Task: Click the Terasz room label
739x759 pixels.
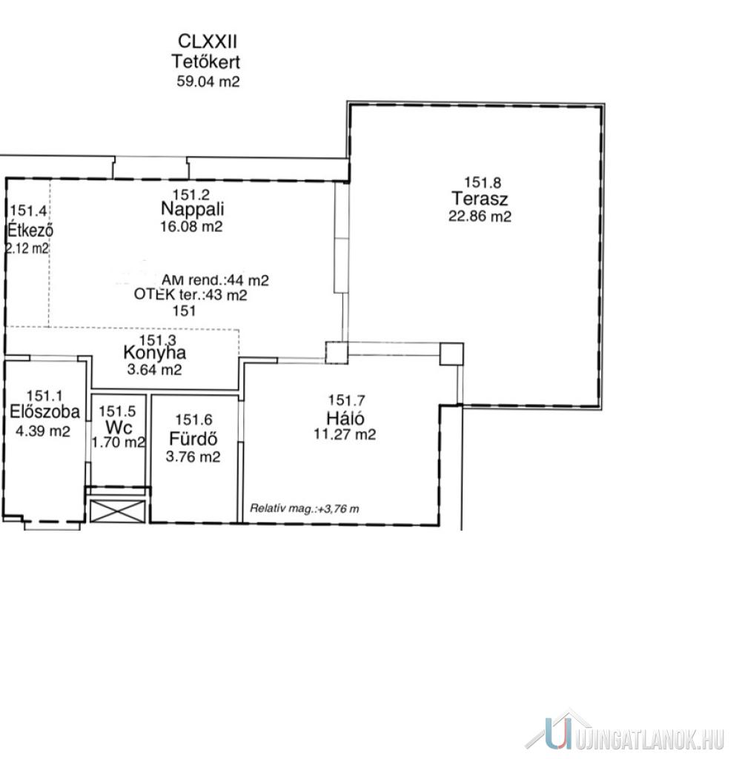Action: coord(480,199)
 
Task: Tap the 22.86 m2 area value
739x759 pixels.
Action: coord(480,216)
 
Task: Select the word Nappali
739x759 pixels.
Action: coord(192,209)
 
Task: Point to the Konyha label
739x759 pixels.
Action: coord(154,352)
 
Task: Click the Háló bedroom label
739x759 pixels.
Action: coord(345,418)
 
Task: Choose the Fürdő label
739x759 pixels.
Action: coord(193,439)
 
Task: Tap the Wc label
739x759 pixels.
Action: coord(119,427)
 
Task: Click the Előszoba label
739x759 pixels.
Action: coord(44,411)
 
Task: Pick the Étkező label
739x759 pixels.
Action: coord(30,230)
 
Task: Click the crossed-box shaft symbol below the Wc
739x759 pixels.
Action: coord(118,511)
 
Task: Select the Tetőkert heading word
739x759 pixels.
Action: coord(205,62)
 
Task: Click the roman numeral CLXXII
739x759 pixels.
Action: coord(208,42)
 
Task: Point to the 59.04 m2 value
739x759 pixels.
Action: coord(208,81)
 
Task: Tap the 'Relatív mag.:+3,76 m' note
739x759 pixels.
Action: coord(305,508)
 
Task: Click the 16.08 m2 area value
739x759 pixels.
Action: coord(192,227)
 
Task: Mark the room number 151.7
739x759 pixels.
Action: coord(346,400)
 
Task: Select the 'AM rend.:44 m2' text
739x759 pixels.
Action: coord(215,279)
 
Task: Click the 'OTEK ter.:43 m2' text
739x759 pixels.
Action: coord(190,295)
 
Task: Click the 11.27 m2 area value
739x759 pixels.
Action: coord(345,434)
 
